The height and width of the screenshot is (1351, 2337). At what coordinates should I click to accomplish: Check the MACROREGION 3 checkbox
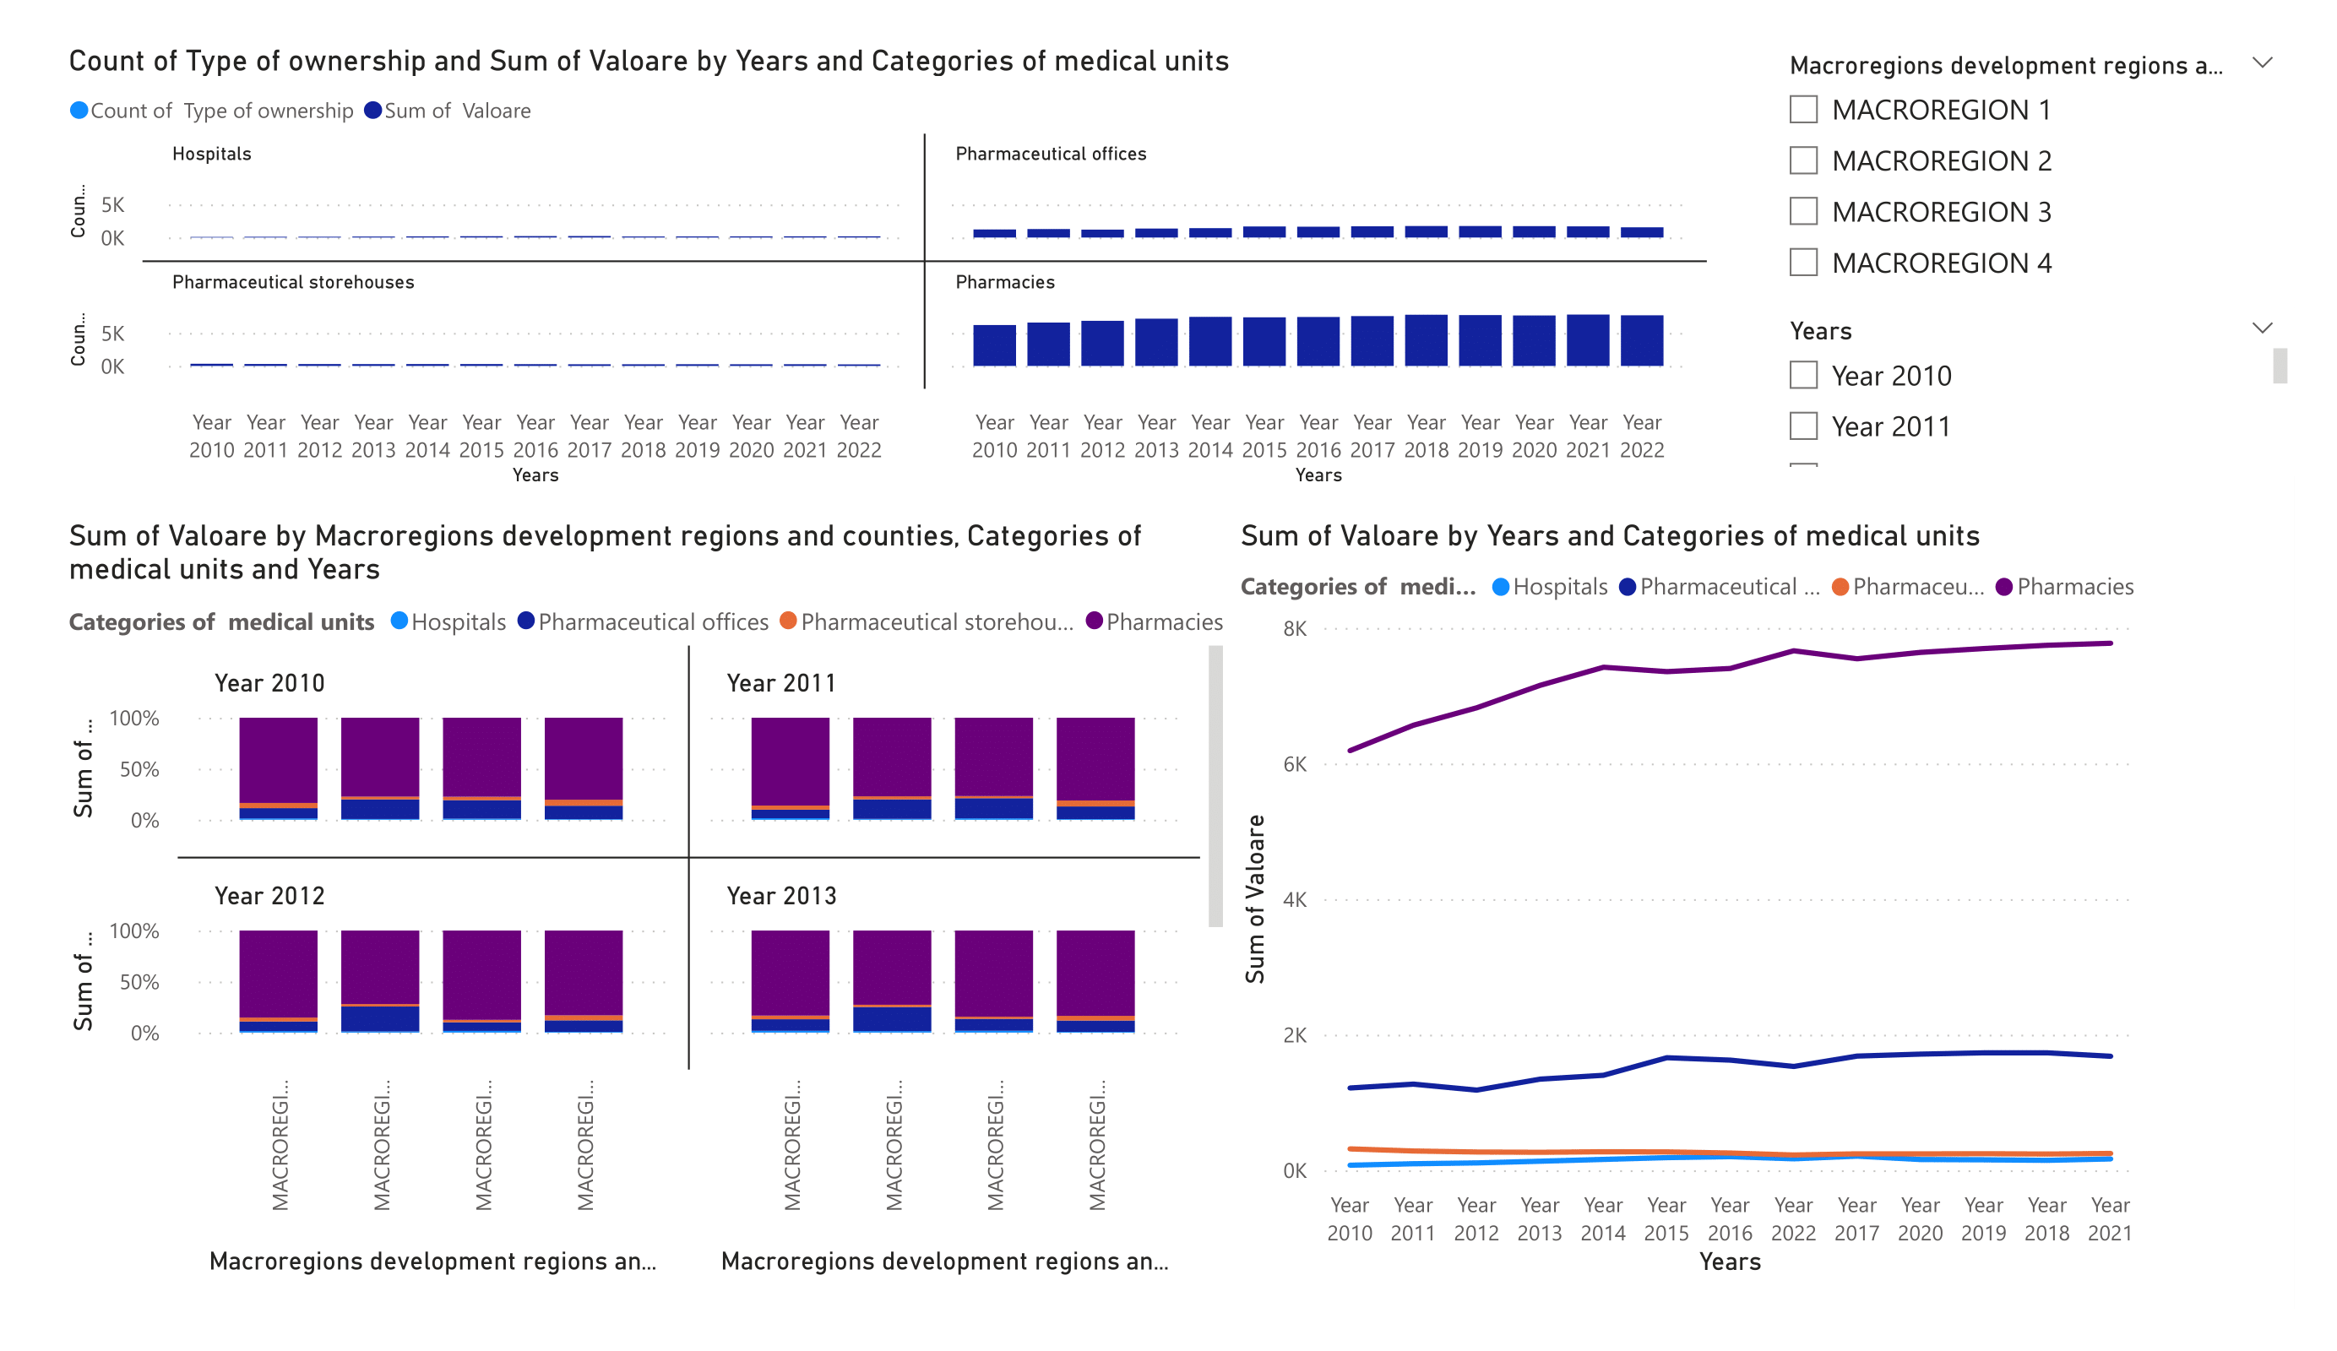tap(1803, 211)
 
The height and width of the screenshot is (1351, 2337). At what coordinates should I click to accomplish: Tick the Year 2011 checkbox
tap(1803, 426)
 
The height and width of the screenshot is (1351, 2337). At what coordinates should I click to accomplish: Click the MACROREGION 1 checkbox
tap(1803, 110)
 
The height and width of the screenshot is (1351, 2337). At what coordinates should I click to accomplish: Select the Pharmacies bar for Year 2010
tap(994, 346)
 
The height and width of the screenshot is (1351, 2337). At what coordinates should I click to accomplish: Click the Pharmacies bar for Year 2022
tap(1641, 341)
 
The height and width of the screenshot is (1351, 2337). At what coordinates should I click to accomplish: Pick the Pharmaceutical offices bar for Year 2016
tap(1318, 232)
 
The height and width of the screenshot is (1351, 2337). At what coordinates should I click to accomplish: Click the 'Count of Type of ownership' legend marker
tap(79, 111)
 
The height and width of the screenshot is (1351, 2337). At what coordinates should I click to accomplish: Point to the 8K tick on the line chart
tap(1295, 629)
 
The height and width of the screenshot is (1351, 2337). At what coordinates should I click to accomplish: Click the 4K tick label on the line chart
tap(1295, 899)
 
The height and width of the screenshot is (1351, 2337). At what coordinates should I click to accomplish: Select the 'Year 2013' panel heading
tap(781, 896)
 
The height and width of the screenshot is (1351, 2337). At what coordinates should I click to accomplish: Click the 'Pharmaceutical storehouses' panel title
tap(293, 282)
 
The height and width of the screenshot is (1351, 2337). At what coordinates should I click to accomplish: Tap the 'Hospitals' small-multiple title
tap(211, 154)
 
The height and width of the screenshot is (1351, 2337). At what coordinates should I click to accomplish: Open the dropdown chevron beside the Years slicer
tap(2262, 328)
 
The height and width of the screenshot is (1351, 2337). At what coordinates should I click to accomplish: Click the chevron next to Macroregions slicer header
tap(2262, 63)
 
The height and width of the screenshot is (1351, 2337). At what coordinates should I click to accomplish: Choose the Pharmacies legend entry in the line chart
tap(2074, 587)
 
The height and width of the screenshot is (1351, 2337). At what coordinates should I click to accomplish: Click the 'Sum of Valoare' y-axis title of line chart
tap(1255, 898)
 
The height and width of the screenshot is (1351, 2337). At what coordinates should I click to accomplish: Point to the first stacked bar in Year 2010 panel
tap(278, 768)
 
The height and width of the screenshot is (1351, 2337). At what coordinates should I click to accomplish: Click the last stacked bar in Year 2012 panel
tap(584, 981)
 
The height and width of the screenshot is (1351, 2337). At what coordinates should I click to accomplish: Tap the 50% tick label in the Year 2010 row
tap(139, 769)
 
